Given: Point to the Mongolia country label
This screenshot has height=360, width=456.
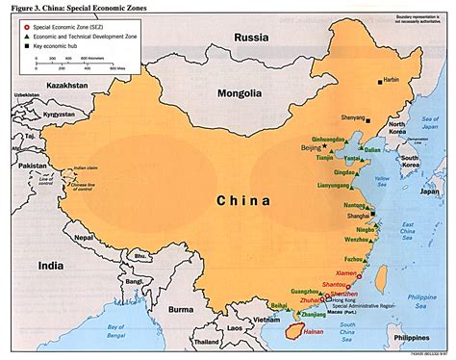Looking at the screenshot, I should (238, 94).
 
